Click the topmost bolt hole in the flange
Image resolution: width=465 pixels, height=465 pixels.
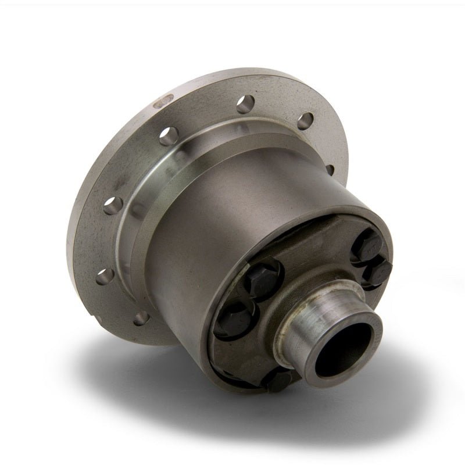point(242,101)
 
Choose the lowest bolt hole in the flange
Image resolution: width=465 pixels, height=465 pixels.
point(140,317)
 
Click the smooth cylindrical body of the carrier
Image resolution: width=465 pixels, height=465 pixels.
point(186,244)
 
